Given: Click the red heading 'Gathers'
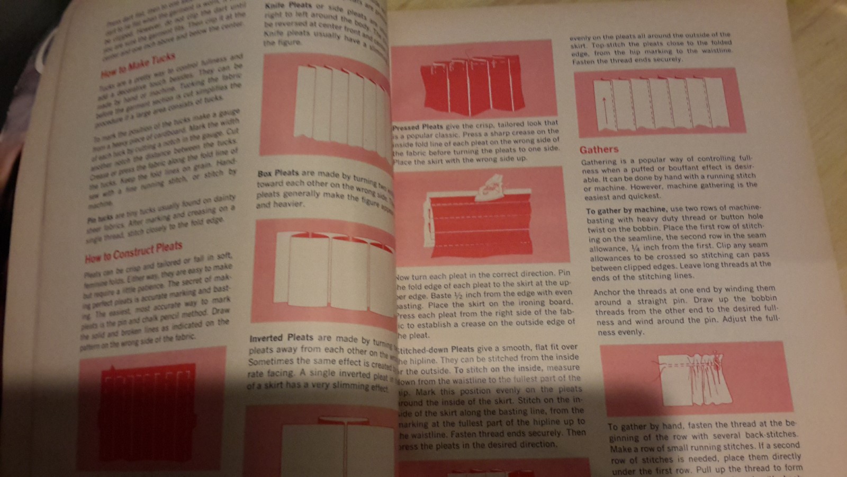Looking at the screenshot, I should pyautogui.click(x=599, y=150).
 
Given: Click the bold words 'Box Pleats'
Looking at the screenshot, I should pyautogui.click(x=278, y=173).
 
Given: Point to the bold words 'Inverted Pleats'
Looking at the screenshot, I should pyautogui.click(x=281, y=338).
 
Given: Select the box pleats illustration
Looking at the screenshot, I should pyautogui.click(x=339, y=270).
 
